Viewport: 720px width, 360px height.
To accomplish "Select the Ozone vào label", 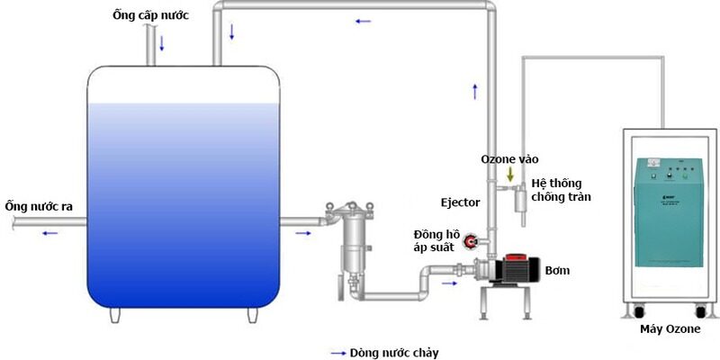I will (509, 158).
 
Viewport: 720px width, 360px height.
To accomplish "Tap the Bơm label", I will (558, 269).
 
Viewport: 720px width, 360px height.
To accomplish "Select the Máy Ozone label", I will (670, 332).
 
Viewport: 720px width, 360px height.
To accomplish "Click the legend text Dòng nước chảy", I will (396, 353).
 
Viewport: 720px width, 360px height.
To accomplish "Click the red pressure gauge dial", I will (470, 240).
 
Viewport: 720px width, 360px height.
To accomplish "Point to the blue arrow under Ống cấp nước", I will (163, 43).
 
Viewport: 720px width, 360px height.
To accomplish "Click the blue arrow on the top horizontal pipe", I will (363, 20).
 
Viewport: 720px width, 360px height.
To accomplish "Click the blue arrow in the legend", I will (338, 353).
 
